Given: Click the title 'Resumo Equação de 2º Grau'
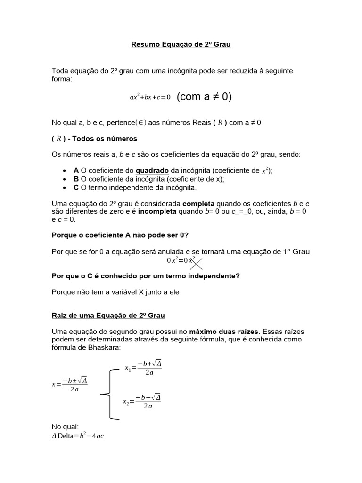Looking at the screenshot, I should coord(181,45).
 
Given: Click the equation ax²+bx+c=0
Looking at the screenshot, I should coord(150,97).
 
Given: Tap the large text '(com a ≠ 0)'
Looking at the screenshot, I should coord(204,97).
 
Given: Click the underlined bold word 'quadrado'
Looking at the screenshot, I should coord(151,170).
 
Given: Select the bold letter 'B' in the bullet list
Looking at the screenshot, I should coord(76,179).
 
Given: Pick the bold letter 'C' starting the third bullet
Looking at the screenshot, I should coord(76,187).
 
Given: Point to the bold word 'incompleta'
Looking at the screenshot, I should coord(157,211).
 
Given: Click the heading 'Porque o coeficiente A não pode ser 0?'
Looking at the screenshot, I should coord(120,235).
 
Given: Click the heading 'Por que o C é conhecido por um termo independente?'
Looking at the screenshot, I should coord(146,276).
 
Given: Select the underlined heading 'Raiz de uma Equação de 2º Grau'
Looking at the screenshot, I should coord(108,315).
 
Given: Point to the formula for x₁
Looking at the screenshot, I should coord(143,368).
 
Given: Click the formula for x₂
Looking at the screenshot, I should coord(141,401).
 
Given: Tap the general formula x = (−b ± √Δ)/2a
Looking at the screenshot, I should coord(69,384).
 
